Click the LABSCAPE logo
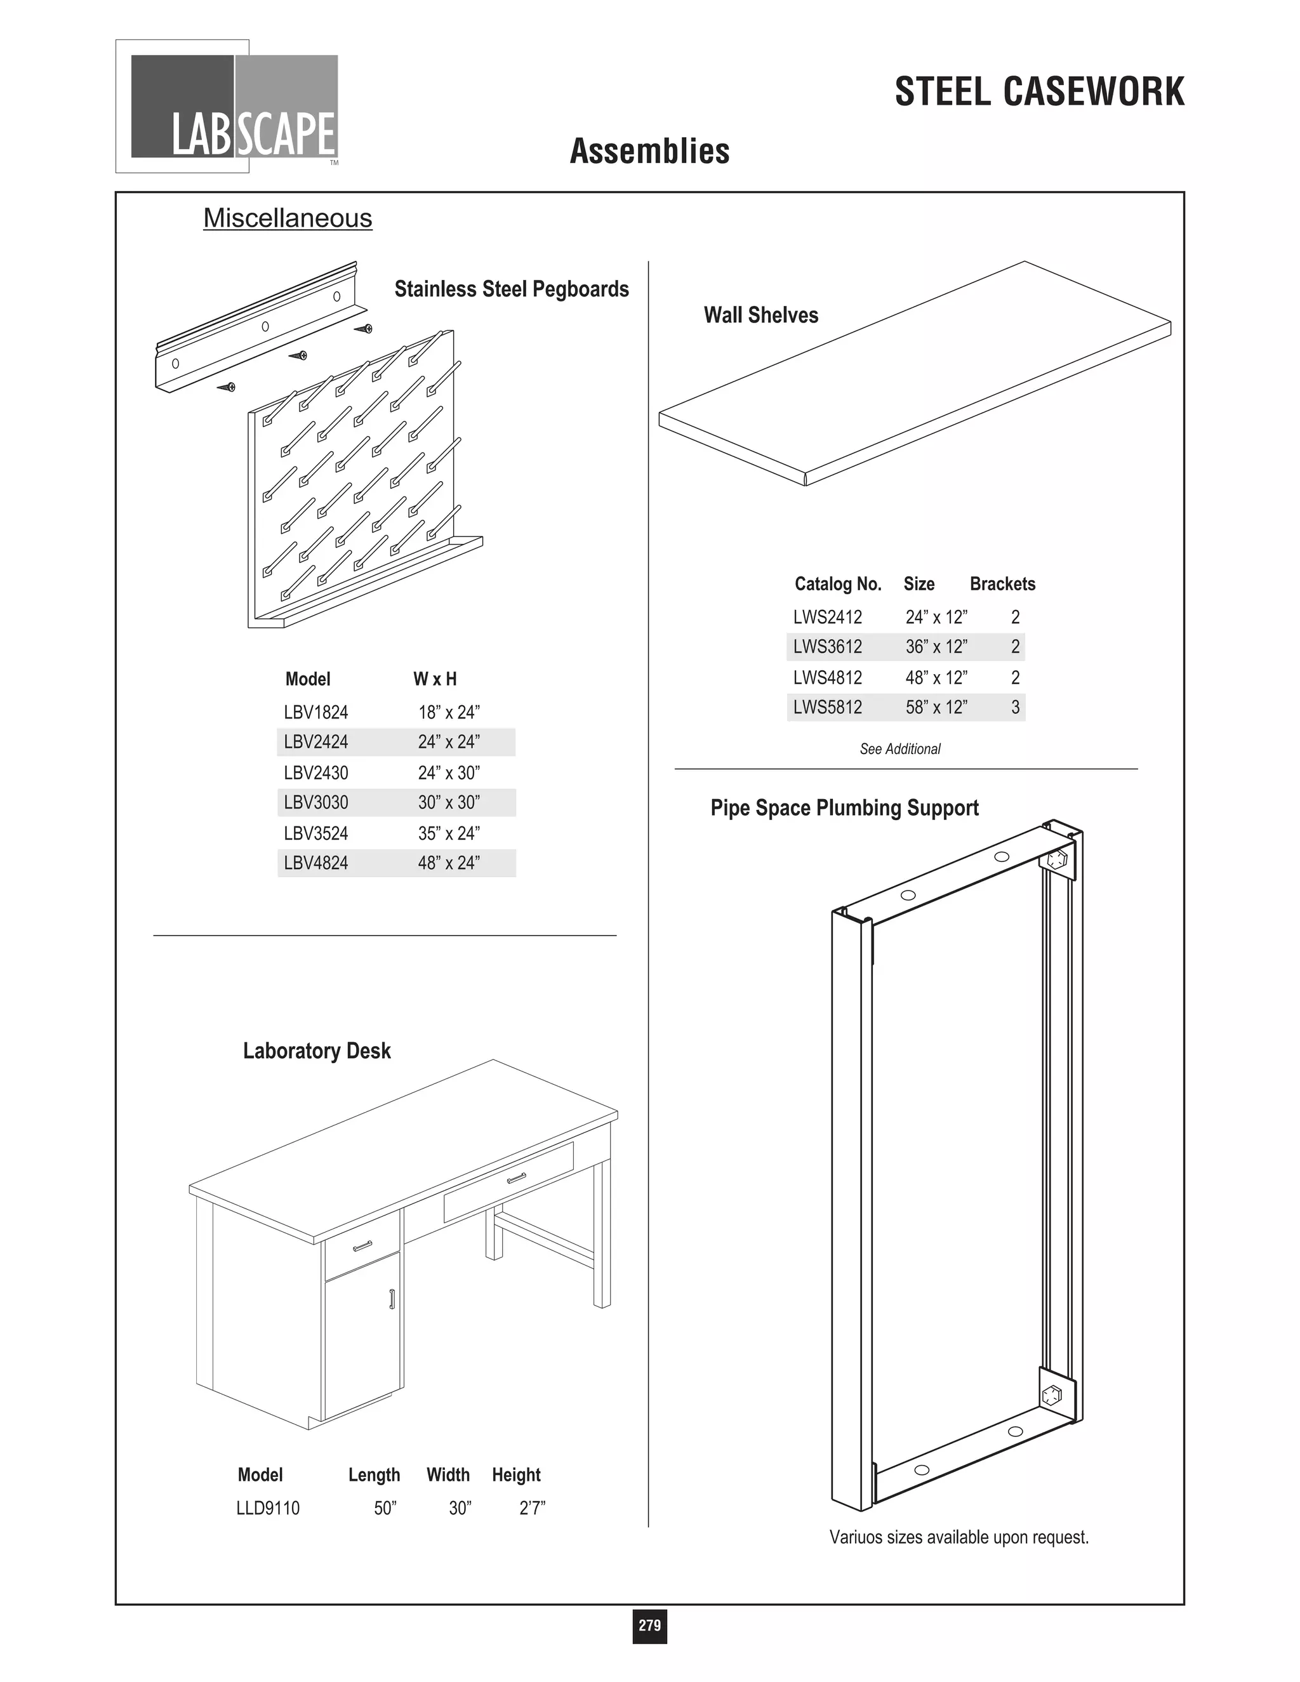point(234,106)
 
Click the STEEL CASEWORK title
point(1039,93)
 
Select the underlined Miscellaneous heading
point(288,219)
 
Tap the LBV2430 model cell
point(315,772)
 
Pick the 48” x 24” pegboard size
point(449,863)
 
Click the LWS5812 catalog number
point(827,707)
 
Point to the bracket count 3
point(1015,707)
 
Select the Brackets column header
point(1002,584)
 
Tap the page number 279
point(649,1625)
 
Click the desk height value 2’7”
point(532,1508)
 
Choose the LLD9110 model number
point(267,1508)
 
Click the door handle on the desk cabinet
point(392,1299)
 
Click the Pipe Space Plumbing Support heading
point(844,808)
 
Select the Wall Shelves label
point(760,315)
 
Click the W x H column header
point(434,679)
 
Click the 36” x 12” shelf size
point(936,647)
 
